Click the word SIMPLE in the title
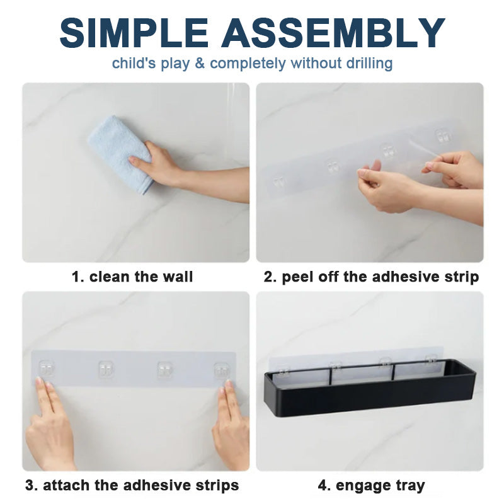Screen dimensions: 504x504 134,33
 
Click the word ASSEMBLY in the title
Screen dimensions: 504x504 333,33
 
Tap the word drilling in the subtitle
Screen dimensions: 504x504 369,64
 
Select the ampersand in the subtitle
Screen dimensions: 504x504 200,64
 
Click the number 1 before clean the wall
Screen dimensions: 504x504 77,277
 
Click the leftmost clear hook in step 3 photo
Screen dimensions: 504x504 47,369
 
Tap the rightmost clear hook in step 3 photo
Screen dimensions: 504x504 222,371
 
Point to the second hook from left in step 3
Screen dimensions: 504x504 106,369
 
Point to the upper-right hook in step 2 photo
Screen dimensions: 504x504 443,135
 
